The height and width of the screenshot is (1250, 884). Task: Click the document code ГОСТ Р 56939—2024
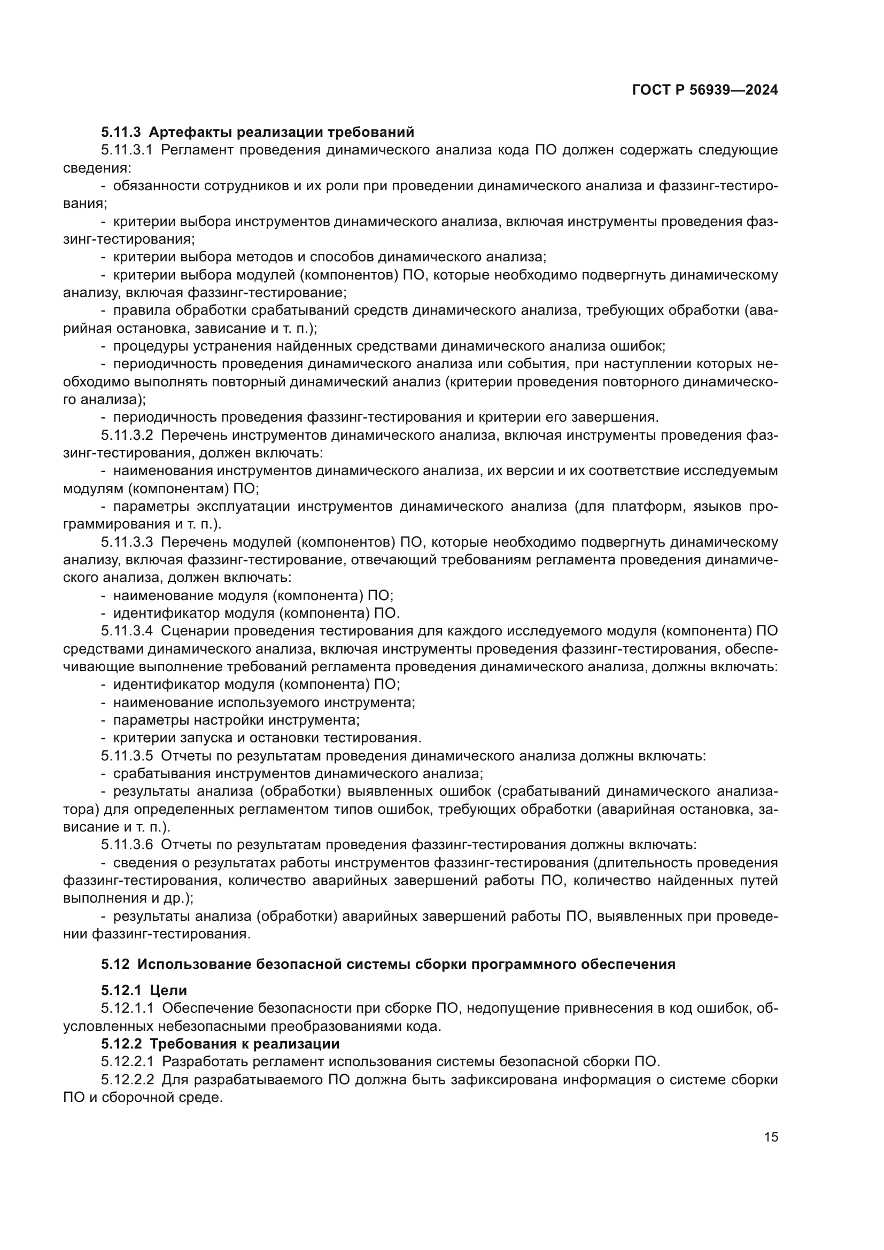pos(705,90)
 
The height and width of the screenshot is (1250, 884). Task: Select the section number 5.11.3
pos(121,133)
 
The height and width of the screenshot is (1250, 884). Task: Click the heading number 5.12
pos(115,964)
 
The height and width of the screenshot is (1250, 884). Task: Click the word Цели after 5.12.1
pos(168,990)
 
